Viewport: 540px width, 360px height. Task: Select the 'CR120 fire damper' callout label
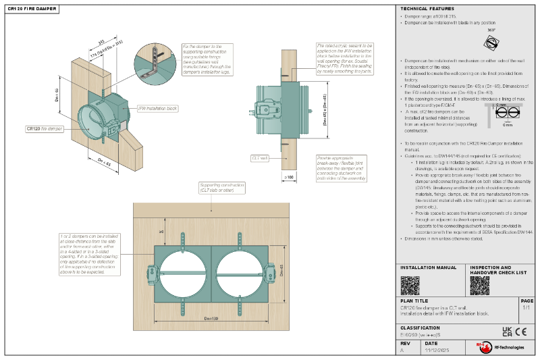pos(45,128)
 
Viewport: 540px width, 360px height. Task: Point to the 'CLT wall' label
pos(260,157)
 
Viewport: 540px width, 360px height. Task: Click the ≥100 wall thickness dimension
pos(290,176)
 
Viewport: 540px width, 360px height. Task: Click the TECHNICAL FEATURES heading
pos(423,9)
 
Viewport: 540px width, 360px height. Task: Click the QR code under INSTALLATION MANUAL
pos(410,285)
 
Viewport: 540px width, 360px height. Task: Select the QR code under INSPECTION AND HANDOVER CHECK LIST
pos(479,285)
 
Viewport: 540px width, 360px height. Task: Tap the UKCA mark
pos(507,331)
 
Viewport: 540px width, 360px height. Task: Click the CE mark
pos(521,331)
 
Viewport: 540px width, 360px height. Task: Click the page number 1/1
pos(526,307)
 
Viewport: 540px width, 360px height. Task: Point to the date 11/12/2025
pos(435,351)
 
